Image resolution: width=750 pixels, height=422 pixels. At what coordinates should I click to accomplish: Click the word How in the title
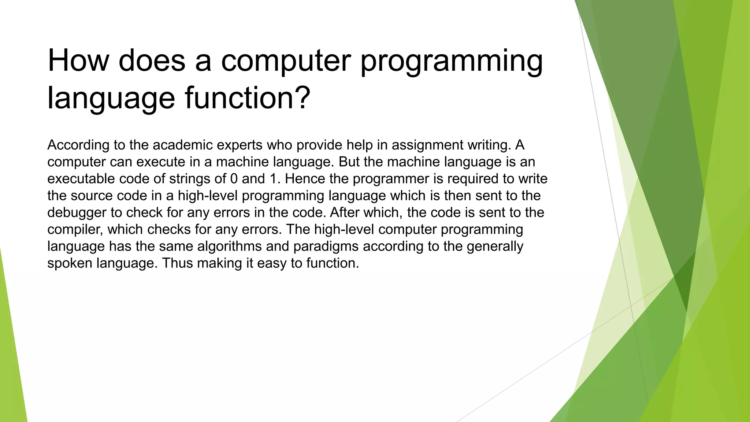point(78,60)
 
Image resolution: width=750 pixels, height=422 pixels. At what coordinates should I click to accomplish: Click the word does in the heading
point(152,60)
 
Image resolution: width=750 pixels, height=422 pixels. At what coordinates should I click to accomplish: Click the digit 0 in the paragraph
point(234,179)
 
